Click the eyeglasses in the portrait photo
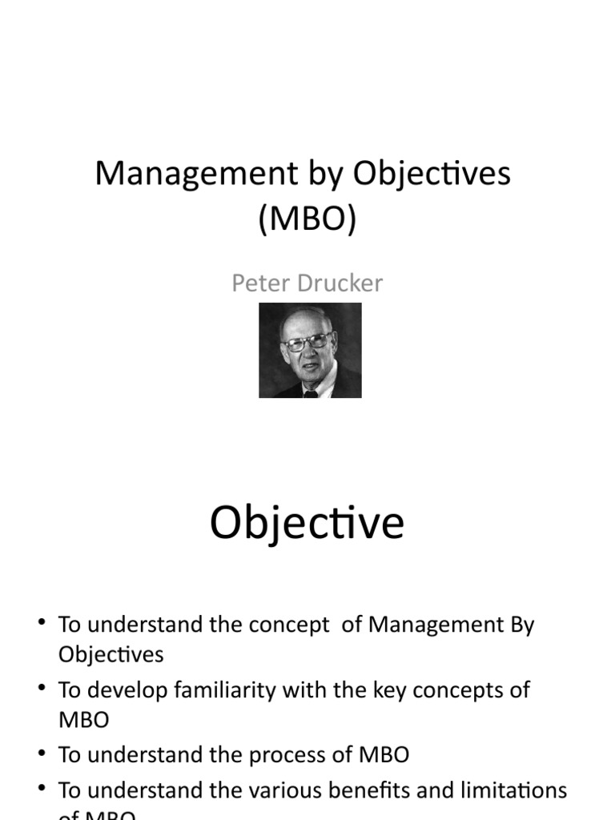[306, 342]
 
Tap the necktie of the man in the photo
[310, 392]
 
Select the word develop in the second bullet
[119, 690]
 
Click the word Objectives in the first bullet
[111, 654]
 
